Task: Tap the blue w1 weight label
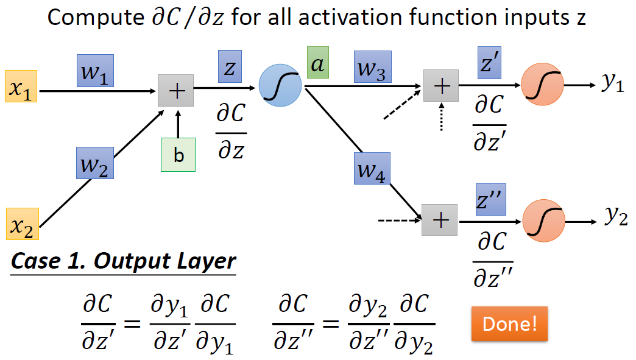click(x=95, y=71)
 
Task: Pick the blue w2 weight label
click(x=95, y=163)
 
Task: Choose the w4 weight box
click(x=372, y=169)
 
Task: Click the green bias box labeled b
click(x=178, y=155)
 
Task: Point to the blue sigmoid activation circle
click(x=280, y=86)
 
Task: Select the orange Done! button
click(x=509, y=323)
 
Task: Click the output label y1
click(x=612, y=83)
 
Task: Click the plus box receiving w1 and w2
click(x=175, y=91)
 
